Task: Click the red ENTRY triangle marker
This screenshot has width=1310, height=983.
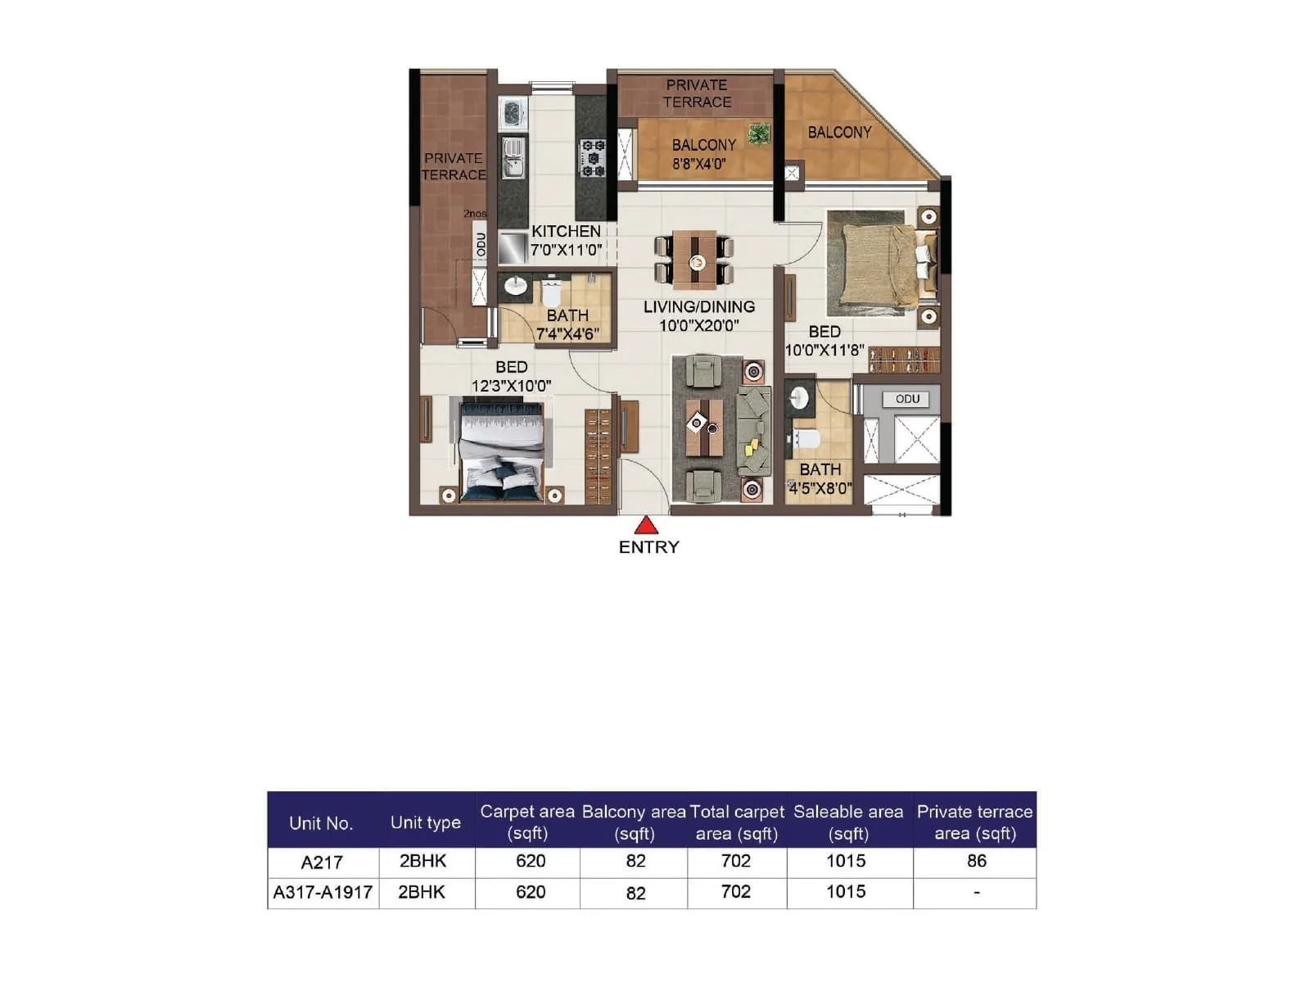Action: pyautogui.click(x=646, y=525)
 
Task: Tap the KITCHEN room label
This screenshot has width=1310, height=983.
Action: pyautogui.click(x=566, y=232)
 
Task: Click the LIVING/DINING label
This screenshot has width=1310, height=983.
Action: pyautogui.click(x=698, y=307)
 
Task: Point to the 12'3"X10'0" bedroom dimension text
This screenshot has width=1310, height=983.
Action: pyautogui.click(x=511, y=386)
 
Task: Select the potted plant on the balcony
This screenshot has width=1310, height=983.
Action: pyautogui.click(x=759, y=134)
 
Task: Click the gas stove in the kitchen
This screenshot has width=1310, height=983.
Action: pyautogui.click(x=592, y=158)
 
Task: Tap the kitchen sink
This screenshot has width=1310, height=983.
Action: pyautogui.click(x=513, y=157)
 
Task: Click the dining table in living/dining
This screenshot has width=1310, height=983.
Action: pyautogui.click(x=695, y=261)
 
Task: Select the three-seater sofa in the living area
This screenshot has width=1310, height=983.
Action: pyautogui.click(x=754, y=431)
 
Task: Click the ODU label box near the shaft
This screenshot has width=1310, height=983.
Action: pyautogui.click(x=906, y=399)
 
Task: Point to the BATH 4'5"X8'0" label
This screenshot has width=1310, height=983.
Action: pyautogui.click(x=820, y=479)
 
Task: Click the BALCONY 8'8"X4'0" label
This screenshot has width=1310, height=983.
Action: pyautogui.click(x=703, y=154)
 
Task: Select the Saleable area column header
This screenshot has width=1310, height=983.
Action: pyautogui.click(x=847, y=822)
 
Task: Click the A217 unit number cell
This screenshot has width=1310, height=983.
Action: pyautogui.click(x=322, y=863)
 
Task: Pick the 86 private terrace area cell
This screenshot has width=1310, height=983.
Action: pyautogui.click(x=976, y=861)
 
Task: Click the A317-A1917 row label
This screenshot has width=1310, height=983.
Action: pyautogui.click(x=323, y=893)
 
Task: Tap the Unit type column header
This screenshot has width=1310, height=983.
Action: pyautogui.click(x=425, y=822)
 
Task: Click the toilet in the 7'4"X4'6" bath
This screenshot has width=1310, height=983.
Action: pyautogui.click(x=551, y=292)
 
